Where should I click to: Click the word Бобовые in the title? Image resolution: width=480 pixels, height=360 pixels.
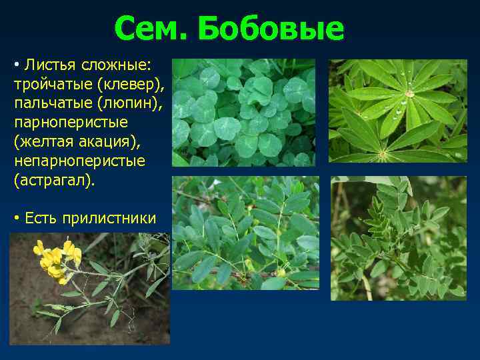[x=271, y=29]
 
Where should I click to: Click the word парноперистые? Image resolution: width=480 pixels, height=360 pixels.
[x=61, y=123]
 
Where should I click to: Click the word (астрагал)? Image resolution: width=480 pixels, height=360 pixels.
[x=54, y=181]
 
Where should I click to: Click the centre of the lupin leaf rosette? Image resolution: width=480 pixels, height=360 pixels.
[x=409, y=94]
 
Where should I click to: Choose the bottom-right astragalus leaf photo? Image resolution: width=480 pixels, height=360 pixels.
[x=398, y=238]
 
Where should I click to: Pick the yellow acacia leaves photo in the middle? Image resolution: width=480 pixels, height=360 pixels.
[x=245, y=233]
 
